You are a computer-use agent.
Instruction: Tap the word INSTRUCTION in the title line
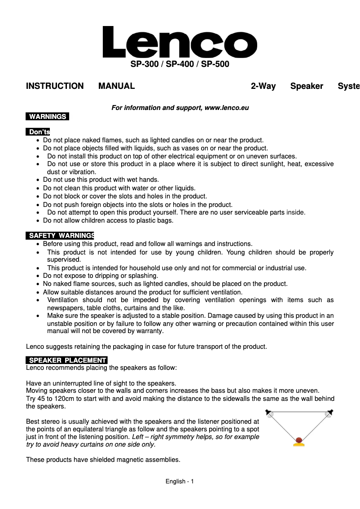click(55, 86)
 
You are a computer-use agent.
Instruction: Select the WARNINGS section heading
click(48, 117)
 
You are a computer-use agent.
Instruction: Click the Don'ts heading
click(39, 132)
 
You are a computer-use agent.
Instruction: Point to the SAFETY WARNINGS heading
click(61, 236)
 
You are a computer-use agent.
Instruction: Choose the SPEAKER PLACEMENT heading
click(67, 360)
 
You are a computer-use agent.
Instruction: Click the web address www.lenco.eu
click(227, 108)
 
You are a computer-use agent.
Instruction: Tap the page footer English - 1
click(180, 482)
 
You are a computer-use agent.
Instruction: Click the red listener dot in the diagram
click(299, 440)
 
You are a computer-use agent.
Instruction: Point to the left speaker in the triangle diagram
click(269, 413)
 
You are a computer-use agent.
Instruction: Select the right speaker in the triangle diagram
click(329, 413)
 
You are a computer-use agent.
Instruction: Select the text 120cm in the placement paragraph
click(60, 399)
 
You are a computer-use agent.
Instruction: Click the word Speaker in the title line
click(307, 86)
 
